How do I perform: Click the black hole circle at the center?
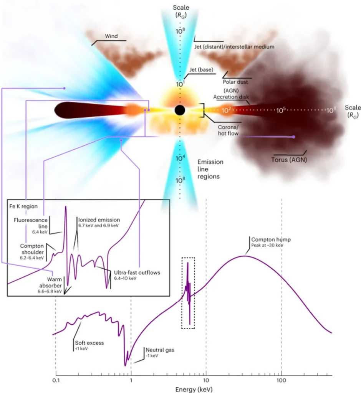[x=180, y=110]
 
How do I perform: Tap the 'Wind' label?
[x=111, y=36]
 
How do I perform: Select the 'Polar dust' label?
[x=235, y=82]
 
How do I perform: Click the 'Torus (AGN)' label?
[x=289, y=160]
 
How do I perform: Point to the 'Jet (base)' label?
[x=201, y=70]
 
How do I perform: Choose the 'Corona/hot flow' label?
[x=228, y=130]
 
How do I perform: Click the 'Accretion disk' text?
[x=231, y=97]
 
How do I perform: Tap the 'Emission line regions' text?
[x=210, y=169]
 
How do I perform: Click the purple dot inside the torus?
[x=294, y=137]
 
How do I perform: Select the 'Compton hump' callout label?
[x=271, y=239]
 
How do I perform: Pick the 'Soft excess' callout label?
[x=89, y=343]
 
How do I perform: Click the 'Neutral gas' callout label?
[x=160, y=350]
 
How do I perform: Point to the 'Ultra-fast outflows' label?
[x=137, y=273]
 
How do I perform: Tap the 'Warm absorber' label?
[x=50, y=282]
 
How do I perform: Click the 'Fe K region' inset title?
[x=23, y=206]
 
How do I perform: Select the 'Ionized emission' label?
[x=99, y=220]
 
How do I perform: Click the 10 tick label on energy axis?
[x=206, y=380]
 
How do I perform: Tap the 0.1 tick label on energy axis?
[x=56, y=380]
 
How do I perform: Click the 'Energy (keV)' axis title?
[x=194, y=390]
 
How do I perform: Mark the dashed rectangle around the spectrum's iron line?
[x=188, y=293]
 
